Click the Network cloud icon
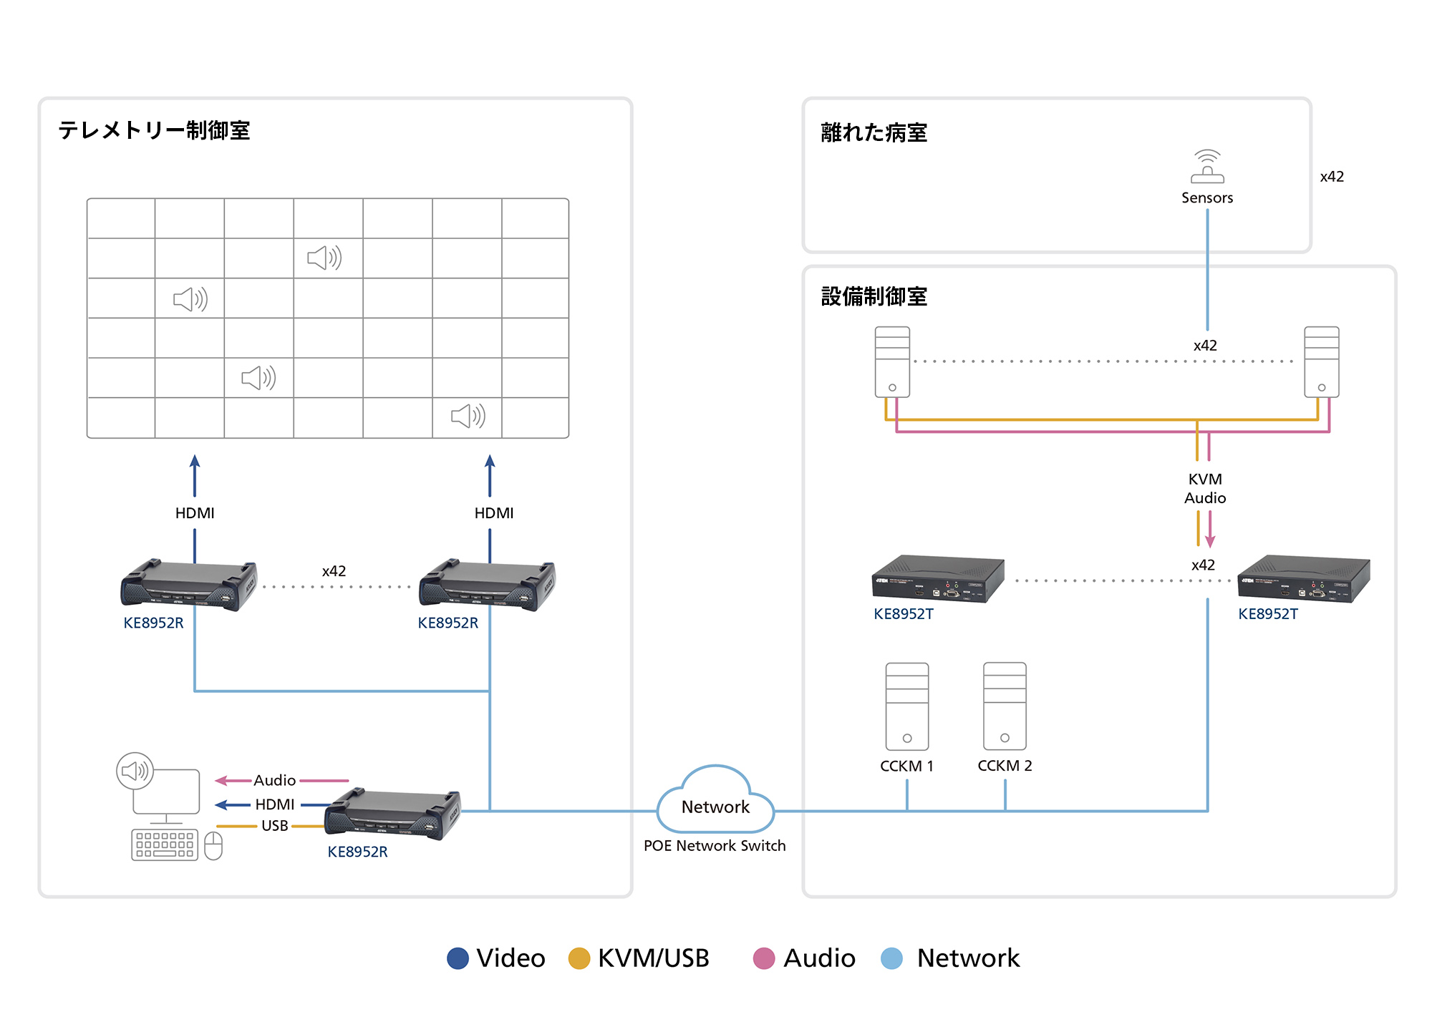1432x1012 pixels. tap(715, 800)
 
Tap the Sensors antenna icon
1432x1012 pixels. tap(1207, 166)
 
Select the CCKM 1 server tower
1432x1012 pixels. tap(907, 706)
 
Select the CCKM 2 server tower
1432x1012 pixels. tap(1005, 706)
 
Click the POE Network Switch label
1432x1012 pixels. tap(715, 846)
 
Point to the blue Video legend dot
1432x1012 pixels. tap(458, 958)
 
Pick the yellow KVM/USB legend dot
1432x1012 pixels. tap(579, 958)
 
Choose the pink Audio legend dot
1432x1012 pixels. tap(764, 958)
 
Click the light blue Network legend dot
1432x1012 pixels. tap(891, 958)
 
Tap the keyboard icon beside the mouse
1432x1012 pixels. tap(165, 845)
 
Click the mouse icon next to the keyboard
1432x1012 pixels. tap(213, 846)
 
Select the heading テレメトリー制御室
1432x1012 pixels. tap(154, 130)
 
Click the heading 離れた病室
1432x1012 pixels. tap(874, 132)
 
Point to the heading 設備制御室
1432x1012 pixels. tap(874, 296)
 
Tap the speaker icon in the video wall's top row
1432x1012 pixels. tap(324, 258)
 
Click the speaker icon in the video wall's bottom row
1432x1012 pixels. tap(468, 416)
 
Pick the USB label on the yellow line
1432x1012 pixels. tap(274, 826)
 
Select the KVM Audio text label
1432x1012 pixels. tap(1205, 488)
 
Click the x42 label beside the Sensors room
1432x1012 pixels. tap(1332, 177)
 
